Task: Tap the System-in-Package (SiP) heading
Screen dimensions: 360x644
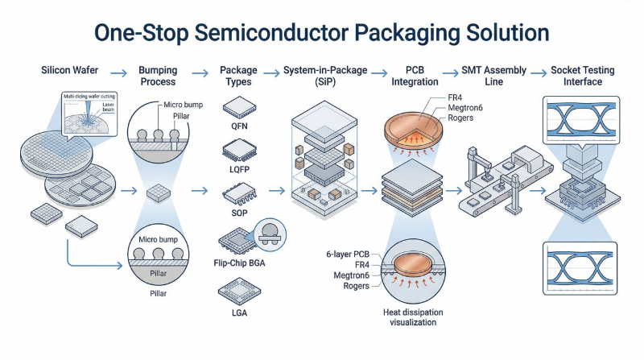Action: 320,77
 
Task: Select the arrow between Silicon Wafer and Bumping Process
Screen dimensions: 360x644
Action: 118,72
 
